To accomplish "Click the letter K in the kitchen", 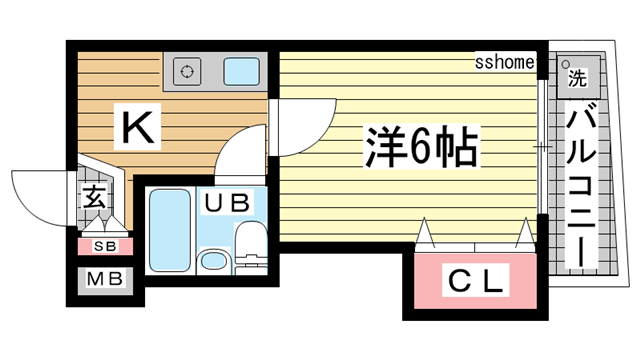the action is point(139,127).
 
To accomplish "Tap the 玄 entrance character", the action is point(94,199).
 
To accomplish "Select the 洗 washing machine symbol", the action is point(577,76).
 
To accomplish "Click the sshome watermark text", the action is point(506,64).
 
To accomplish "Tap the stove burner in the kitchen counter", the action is point(187,70).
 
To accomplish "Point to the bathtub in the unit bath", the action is point(169,230).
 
